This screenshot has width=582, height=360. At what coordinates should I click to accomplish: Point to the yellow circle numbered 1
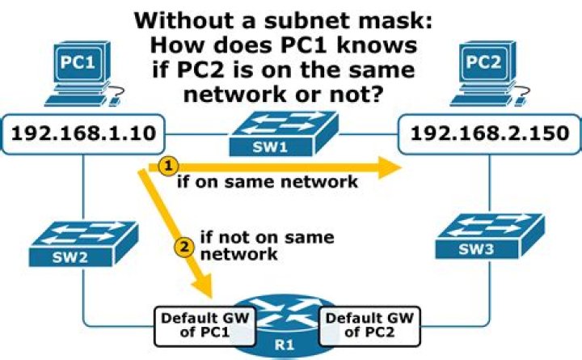[167, 165]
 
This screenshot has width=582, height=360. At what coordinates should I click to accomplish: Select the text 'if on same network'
[267, 182]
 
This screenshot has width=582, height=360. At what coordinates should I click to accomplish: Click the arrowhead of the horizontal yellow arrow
[392, 167]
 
